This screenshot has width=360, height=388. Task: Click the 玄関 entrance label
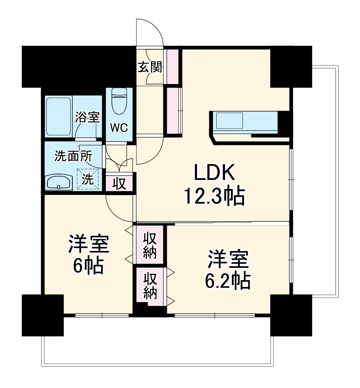(150, 67)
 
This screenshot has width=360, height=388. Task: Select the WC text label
(119, 128)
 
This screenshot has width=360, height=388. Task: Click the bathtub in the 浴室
(58, 117)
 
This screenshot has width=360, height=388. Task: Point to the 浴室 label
(87, 117)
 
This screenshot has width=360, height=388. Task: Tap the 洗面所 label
(73, 156)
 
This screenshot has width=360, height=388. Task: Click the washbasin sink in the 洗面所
(59, 183)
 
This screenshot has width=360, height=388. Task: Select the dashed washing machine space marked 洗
(88, 179)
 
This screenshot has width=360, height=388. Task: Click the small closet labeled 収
(119, 184)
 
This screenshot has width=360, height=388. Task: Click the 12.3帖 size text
(214, 196)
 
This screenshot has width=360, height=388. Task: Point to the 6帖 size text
(88, 266)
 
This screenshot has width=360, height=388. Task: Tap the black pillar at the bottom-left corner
(42, 314)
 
